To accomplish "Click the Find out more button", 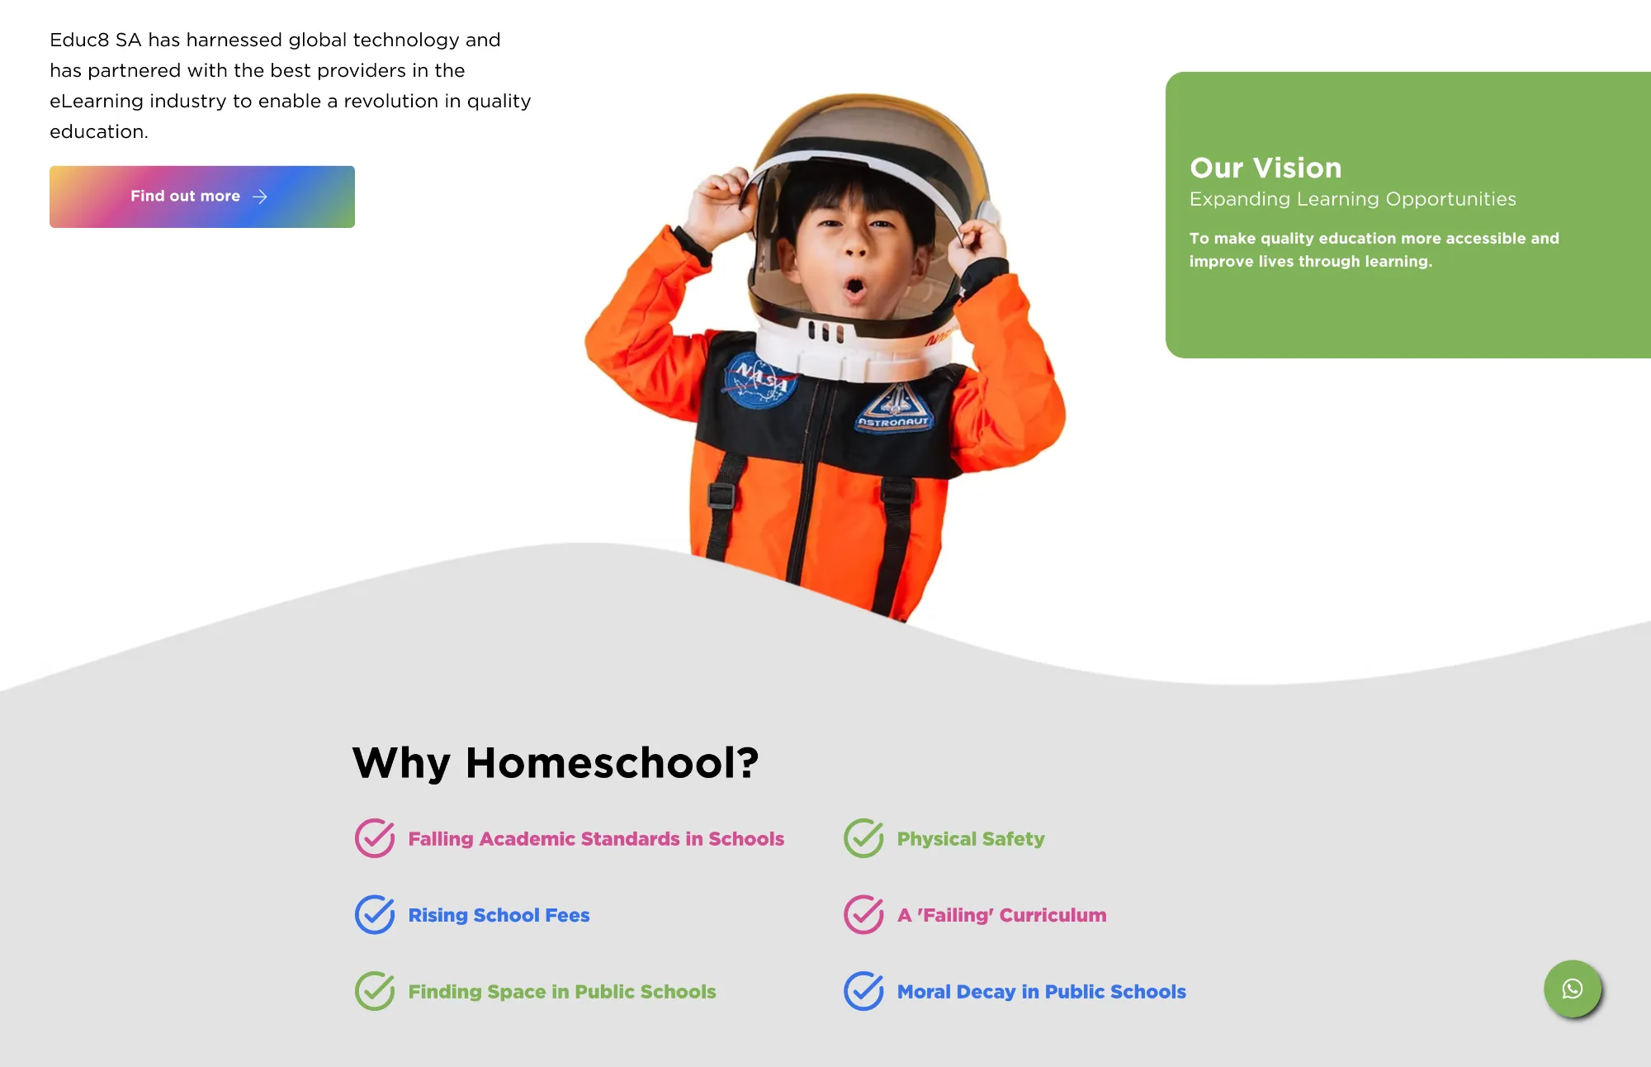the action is tap(202, 197).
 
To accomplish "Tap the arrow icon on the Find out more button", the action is tap(260, 197).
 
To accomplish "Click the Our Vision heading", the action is tap(1265, 168).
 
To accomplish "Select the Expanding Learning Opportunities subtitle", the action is tap(1352, 199).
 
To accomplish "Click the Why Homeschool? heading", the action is tap(555, 762).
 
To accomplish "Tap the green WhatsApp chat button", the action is tap(1573, 989).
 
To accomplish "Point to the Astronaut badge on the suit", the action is tap(895, 408).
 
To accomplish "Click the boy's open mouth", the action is tap(854, 288).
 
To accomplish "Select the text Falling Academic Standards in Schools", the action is tap(596, 839).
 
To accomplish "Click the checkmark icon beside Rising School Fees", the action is tap(375, 914).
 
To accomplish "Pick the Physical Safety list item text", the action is tap(971, 839).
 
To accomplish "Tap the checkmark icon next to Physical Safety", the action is tap(863, 838).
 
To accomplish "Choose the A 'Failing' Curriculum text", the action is tap(1001, 915).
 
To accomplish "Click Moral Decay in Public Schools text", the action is tap(1041, 992).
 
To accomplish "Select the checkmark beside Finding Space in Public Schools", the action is tap(375, 991).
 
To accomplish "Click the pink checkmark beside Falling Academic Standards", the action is tap(375, 838).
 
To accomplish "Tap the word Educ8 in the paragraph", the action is tap(79, 40).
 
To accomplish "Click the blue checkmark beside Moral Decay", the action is tap(863, 991).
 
